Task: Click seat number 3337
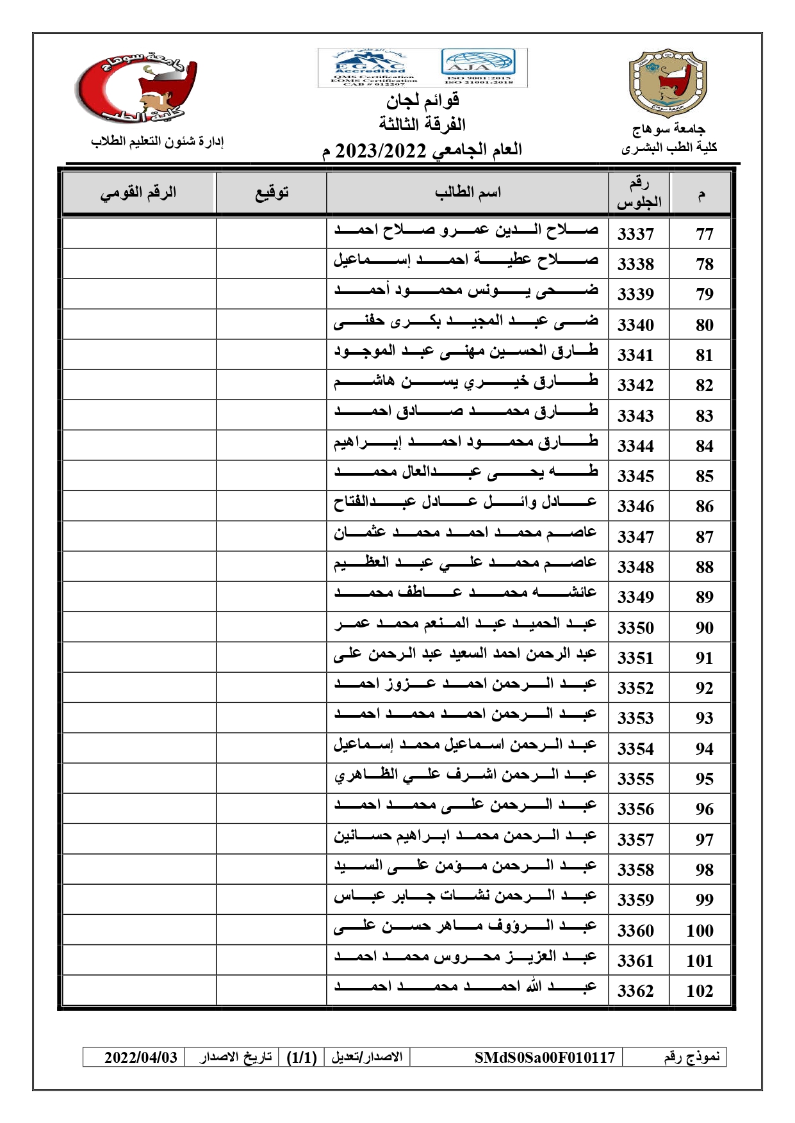[x=635, y=234]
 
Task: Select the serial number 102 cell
[x=700, y=990]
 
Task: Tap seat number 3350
[x=635, y=627]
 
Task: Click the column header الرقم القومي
[x=138, y=193]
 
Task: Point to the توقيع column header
[x=272, y=193]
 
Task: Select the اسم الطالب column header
[x=468, y=193]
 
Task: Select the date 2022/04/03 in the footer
[x=141, y=1057]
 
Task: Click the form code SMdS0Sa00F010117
[x=545, y=1057]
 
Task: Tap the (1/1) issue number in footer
[x=302, y=1057]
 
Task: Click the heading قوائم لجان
[x=422, y=101]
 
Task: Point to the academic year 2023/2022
[x=381, y=150]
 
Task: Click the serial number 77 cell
[x=704, y=234]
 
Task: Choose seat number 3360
[x=635, y=930]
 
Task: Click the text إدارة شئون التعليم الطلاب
[x=157, y=141]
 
